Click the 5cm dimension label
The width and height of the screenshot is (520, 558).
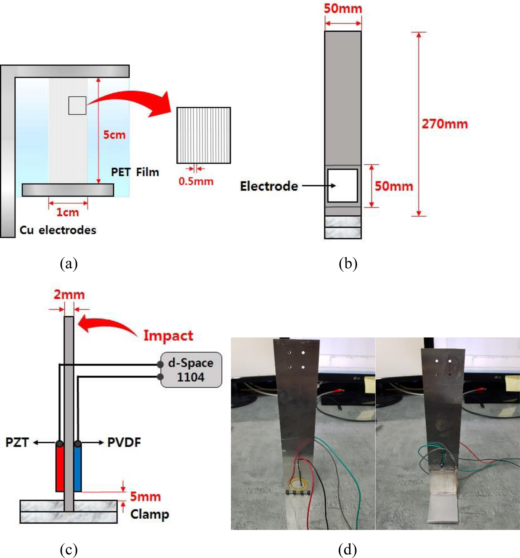pyautogui.click(x=114, y=135)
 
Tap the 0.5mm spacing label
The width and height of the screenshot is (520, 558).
pyautogui.click(x=196, y=181)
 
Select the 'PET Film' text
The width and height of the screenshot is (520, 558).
pyautogui.click(x=135, y=172)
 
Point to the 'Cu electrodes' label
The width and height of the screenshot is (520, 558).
pyautogui.click(x=58, y=230)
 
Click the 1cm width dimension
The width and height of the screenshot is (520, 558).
pyautogui.click(x=68, y=213)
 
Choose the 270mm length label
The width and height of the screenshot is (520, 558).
pyautogui.click(x=445, y=124)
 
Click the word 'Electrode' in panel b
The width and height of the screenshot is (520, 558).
pyautogui.click(x=269, y=186)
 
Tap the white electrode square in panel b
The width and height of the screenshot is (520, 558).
pyautogui.click(x=343, y=186)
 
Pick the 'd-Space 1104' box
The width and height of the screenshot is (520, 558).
pyautogui.click(x=191, y=370)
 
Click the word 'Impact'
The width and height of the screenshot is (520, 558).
pyautogui.click(x=168, y=336)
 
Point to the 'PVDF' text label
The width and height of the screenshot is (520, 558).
pyautogui.click(x=124, y=443)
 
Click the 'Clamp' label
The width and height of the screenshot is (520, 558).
pyautogui.click(x=149, y=515)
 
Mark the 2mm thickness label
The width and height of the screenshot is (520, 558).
pyautogui.click(x=69, y=295)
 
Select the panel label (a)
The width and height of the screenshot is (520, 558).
pyautogui.click(x=69, y=264)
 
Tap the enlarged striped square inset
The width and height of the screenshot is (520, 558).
pyautogui.click(x=204, y=135)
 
